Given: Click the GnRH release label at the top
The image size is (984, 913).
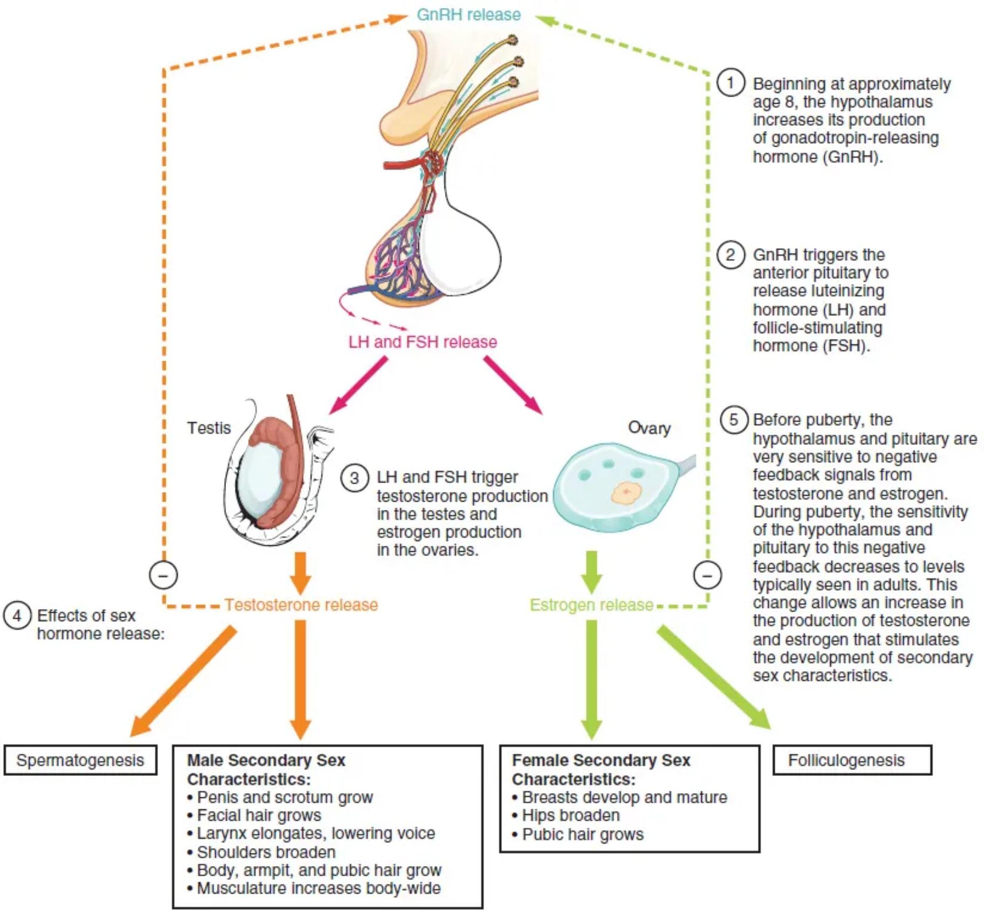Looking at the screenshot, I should (468, 15).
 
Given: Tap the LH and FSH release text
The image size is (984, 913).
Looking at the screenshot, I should (422, 342).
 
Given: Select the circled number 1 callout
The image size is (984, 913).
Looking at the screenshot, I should (730, 83).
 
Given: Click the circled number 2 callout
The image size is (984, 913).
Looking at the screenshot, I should (730, 254).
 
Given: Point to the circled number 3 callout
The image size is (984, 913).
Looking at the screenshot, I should (354, 478).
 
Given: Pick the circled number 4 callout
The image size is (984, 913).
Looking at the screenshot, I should (17, 616).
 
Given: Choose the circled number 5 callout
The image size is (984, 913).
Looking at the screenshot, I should (734, 420).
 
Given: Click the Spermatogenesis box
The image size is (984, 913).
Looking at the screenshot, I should (80, 760).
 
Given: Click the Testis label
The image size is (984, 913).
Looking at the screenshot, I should (209, 428).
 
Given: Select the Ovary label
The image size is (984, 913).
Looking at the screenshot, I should (649, 428).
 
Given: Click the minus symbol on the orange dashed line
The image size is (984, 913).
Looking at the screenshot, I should (163, 575).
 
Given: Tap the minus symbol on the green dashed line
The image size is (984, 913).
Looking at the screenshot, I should (707, 575).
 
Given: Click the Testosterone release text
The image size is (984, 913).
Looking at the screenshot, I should (301, 605).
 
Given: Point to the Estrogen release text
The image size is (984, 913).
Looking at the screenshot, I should (591, 605).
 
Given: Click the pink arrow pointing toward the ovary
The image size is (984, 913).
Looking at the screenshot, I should (512, 386).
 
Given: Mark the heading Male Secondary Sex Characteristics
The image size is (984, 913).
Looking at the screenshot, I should (265, 769).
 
